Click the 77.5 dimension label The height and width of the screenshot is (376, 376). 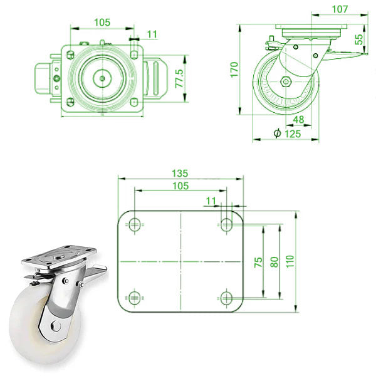[179, 77]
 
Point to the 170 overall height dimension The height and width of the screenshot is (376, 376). [234, 68]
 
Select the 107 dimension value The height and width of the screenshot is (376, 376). [339, 9]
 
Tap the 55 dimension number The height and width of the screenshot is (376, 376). [359, 39]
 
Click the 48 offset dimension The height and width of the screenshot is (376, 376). [298, 120]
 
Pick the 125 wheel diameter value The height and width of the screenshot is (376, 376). [293, 133]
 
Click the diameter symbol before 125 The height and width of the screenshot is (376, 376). [276, 133]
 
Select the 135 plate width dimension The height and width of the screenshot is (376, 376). [180, 172]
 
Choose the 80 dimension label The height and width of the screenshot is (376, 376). [273, 262]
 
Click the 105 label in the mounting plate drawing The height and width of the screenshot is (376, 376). [180, 186]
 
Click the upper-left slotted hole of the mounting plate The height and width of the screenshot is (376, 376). [134, 224]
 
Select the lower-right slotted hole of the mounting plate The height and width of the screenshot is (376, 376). [226, 296]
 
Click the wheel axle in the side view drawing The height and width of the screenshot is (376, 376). [286, 82]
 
